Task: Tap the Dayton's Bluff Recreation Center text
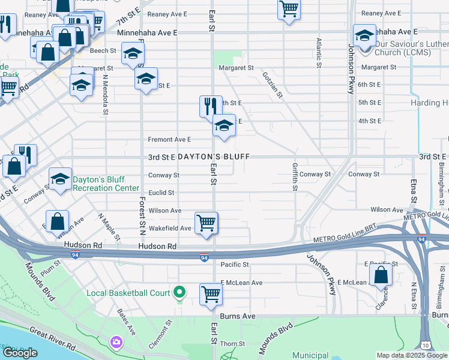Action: click(x=101, y=184)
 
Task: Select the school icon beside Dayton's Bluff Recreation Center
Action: click(x=60, y=179)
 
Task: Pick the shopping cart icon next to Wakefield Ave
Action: click(x=206, y=223)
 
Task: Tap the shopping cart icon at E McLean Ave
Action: click(x=211, y=294)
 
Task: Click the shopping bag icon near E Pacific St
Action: click(x=381, y=275)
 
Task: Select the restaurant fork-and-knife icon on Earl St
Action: click(x=211, y=106)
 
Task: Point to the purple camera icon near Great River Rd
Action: click(x=116, y=342)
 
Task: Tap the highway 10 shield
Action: click(x=425, y=346)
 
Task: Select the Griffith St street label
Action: click(x=295, y=176)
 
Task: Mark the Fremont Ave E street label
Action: click(x=169, y=139)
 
